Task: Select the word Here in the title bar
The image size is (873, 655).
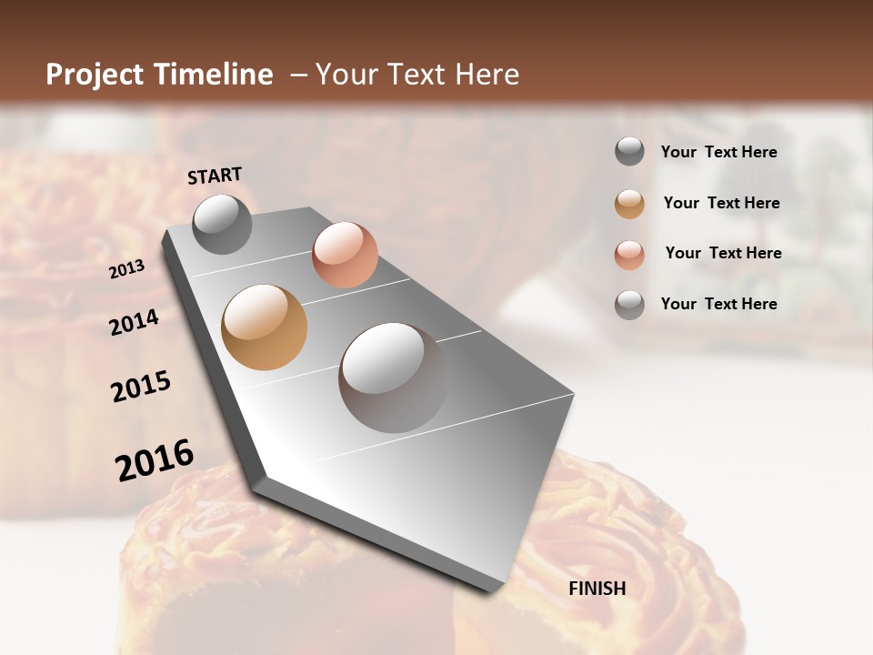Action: [x=487, y=75]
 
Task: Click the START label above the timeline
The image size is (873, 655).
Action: [x=215, y=175]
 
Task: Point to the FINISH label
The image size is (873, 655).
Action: [x=597, y=589]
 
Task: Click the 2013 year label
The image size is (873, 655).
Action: [x=127, y=269]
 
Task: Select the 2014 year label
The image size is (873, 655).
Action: [x=135, y=322]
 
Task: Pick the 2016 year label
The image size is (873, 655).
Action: [x=154, y=459]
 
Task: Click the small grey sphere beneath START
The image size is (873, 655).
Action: [x=222, y=224]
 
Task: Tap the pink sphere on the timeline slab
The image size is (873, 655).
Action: [x=345, y=255]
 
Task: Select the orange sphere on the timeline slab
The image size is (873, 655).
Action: [x=264, y=327]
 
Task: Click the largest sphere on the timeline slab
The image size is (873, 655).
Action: [x=393, y=378]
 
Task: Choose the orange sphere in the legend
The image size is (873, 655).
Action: [x=629, y=204]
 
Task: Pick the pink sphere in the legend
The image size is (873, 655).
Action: [x=629, y=255]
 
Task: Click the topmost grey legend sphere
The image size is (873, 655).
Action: [x=629, y=152]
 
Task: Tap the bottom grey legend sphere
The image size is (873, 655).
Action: [x=629, y=305]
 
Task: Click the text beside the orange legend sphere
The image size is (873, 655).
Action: [x=721, y=203]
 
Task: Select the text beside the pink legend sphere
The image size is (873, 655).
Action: [x=723, y=253]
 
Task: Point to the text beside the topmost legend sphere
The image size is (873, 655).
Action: [x=718, y=152]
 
